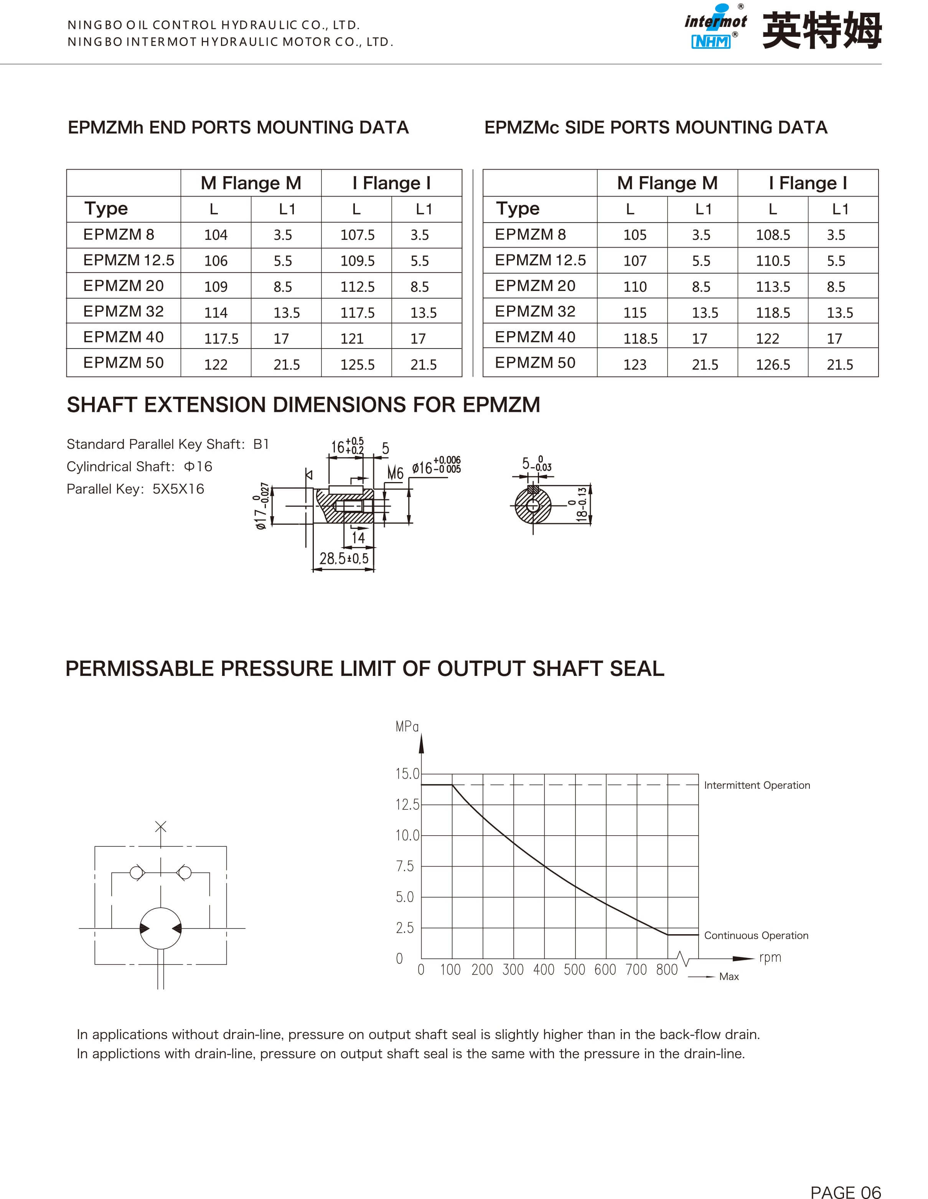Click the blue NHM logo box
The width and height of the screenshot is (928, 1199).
(711, 42)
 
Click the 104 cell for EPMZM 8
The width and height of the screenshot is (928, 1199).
(216, 235)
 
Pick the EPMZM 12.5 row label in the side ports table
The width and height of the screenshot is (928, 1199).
(540, 260)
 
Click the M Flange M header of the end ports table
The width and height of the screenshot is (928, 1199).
(251, 183)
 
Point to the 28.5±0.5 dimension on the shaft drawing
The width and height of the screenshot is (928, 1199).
(344, 559)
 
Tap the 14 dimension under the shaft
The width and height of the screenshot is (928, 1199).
(358, 537)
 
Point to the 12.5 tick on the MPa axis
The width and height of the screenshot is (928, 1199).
(407, 805)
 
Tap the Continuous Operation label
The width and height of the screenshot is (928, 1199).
(756, 935)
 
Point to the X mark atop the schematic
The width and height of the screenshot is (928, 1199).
(160, 826)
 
